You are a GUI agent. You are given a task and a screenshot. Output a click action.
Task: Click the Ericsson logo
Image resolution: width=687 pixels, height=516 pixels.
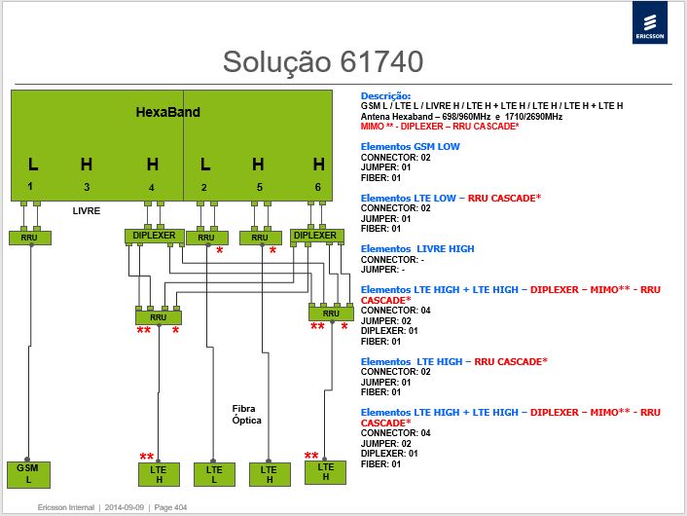point(650,22)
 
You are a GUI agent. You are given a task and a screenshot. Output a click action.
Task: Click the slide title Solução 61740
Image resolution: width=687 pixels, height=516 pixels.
point(323,61)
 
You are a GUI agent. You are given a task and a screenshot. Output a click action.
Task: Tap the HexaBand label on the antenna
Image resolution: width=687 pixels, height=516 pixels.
point(167,112)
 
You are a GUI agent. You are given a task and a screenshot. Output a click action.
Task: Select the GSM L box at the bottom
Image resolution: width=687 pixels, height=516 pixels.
point(28,474)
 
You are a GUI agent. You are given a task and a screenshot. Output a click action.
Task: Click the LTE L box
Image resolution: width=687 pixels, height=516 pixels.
point(214,474)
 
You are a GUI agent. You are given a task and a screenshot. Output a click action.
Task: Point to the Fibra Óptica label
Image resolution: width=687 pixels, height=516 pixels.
point(246,415)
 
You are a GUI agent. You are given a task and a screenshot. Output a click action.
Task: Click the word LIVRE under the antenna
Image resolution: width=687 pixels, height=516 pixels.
point(87,211)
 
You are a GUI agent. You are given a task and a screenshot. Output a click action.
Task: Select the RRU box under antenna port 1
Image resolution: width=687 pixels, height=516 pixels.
point(30,238)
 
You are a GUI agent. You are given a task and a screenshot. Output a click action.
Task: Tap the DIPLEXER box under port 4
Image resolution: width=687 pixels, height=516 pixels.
point(154,236)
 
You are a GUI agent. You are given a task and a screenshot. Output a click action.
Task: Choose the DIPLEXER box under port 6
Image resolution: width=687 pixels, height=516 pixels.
point(317,236)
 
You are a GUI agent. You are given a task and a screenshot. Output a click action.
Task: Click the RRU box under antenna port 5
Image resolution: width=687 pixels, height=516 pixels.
point(260,238)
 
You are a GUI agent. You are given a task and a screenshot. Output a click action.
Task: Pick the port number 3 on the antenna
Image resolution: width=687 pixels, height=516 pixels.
point(87,187)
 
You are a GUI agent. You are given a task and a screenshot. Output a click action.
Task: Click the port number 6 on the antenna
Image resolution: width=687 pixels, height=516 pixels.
point(317,187)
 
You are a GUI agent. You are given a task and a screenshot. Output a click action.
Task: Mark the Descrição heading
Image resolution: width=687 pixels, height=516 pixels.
point(385,96)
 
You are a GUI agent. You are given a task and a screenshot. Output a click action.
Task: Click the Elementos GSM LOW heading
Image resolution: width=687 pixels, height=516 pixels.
point(410,147)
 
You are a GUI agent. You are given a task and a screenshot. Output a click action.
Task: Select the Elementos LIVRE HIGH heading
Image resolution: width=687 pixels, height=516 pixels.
point(417,249)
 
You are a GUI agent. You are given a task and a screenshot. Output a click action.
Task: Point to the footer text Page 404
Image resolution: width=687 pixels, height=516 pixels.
point(170,507)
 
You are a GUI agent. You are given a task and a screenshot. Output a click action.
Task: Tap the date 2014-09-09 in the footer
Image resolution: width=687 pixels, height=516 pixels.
point(124,507)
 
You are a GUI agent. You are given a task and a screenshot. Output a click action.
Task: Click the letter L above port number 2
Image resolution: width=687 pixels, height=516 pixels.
point(205,165)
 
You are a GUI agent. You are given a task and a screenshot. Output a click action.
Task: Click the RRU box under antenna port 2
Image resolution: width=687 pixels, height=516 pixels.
point(207,238)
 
